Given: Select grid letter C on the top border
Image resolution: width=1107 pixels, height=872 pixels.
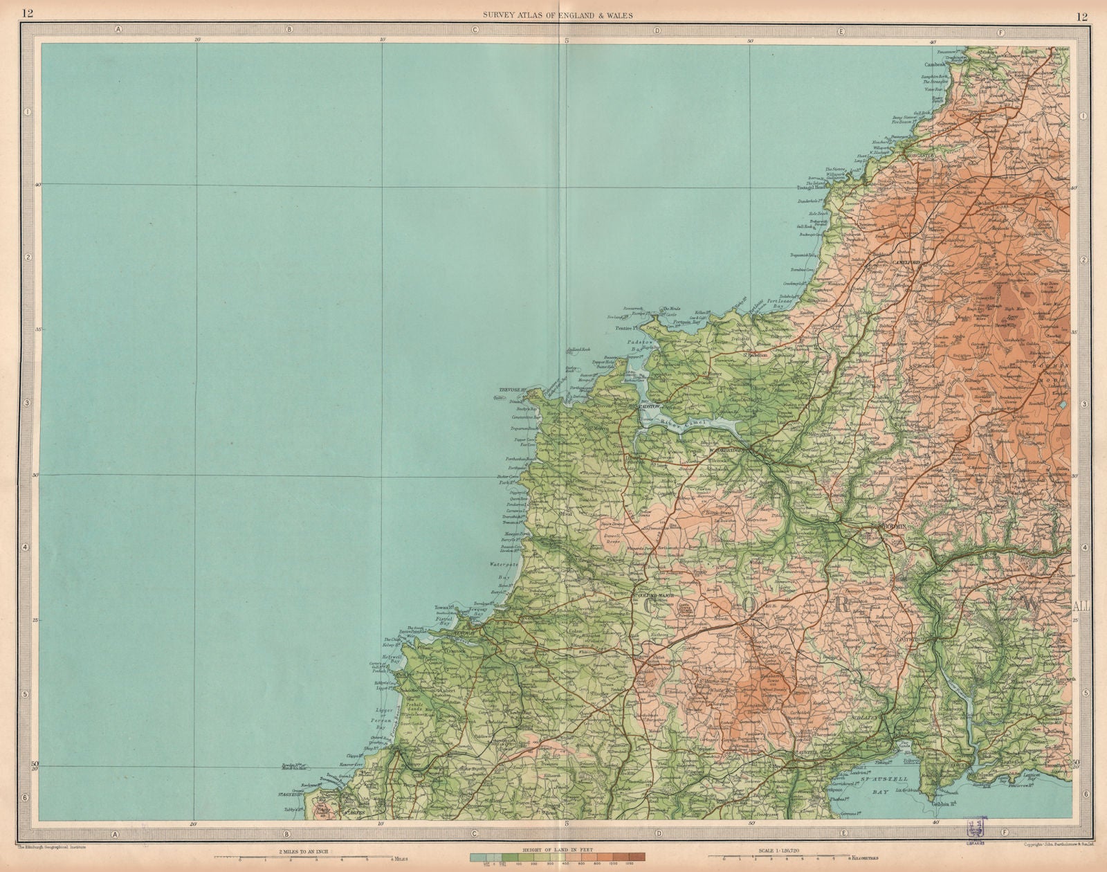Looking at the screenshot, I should click(x=475, y=30).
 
